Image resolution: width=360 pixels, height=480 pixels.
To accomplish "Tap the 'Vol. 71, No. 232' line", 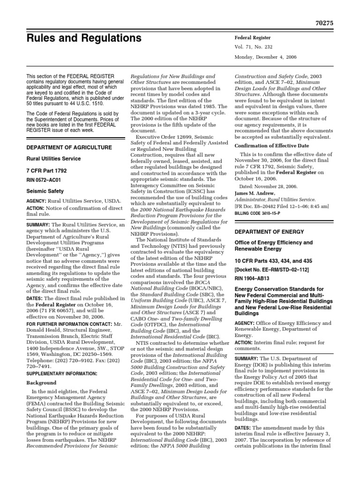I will click(255, 47).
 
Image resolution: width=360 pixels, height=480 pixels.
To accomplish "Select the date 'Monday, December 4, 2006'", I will click(265, 57).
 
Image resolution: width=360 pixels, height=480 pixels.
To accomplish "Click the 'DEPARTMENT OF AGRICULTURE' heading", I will click(69, 147).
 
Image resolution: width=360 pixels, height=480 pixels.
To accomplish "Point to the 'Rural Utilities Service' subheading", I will click(53, 159).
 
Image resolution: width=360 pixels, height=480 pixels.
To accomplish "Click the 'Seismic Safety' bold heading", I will click(45, 191).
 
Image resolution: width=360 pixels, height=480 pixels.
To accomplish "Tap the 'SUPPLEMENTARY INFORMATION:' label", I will click(55, 374).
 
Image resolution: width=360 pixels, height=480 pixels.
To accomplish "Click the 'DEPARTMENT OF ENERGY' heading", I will click(269, 232).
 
